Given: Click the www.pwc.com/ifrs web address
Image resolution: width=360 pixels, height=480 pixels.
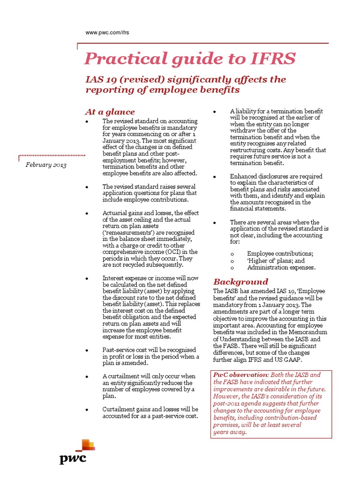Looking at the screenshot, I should coord(107,32).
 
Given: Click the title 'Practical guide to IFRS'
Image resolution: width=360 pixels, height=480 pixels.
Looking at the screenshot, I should coord(190,59).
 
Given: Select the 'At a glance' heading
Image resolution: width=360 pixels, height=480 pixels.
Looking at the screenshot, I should coord(109,112).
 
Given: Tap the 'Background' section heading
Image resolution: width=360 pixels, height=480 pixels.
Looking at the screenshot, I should coord(240,282).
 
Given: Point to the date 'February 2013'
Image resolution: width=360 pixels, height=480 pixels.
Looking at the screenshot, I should coord(46,165).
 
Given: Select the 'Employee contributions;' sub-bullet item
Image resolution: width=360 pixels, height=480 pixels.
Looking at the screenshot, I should coord(280,254).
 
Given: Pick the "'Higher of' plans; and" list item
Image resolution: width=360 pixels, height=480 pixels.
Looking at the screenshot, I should coord(276,261).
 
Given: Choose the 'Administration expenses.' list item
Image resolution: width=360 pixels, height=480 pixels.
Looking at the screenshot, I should coord(281,268).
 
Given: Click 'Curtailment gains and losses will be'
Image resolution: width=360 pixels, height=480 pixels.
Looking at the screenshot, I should coord(150,409).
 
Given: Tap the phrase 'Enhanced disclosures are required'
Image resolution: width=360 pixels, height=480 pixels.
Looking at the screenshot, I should coord(276,176).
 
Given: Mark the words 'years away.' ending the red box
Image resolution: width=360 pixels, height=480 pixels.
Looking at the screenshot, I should coord(230,432).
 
